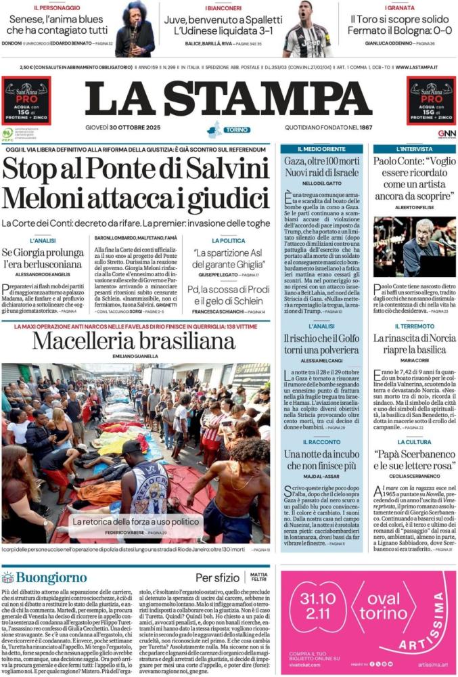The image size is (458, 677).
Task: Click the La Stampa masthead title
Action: click(229, 99)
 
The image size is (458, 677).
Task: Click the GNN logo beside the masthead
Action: click(446, 133)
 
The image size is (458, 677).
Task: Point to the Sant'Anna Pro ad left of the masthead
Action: click(26, 100)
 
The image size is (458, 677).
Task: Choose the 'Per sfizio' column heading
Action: click(217, 577)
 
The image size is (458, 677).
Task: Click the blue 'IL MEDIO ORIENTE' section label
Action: click(322, 148)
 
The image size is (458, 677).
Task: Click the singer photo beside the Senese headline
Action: click(135, 29)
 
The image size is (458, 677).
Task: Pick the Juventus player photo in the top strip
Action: click(307, 29)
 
